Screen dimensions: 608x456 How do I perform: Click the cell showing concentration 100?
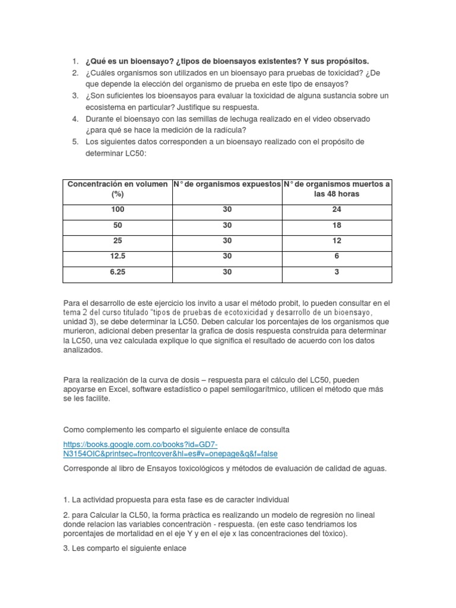(117, 210)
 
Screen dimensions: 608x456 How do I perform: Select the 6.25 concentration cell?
(117, 272)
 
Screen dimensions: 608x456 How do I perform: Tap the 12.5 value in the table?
(117, 256)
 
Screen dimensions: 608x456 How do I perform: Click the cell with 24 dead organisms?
(337, 210)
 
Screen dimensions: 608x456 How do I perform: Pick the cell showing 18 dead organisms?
(337, 226)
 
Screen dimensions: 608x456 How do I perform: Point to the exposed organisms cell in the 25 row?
(227, 241)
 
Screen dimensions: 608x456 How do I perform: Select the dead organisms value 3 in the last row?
(337, 272)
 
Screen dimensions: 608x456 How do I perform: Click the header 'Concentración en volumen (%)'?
(117, 189)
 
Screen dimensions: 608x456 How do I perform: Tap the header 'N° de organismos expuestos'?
(227, 185)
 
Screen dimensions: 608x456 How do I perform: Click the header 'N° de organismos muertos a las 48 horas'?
(337, 189)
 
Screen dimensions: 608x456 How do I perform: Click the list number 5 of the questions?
(75, 141)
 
